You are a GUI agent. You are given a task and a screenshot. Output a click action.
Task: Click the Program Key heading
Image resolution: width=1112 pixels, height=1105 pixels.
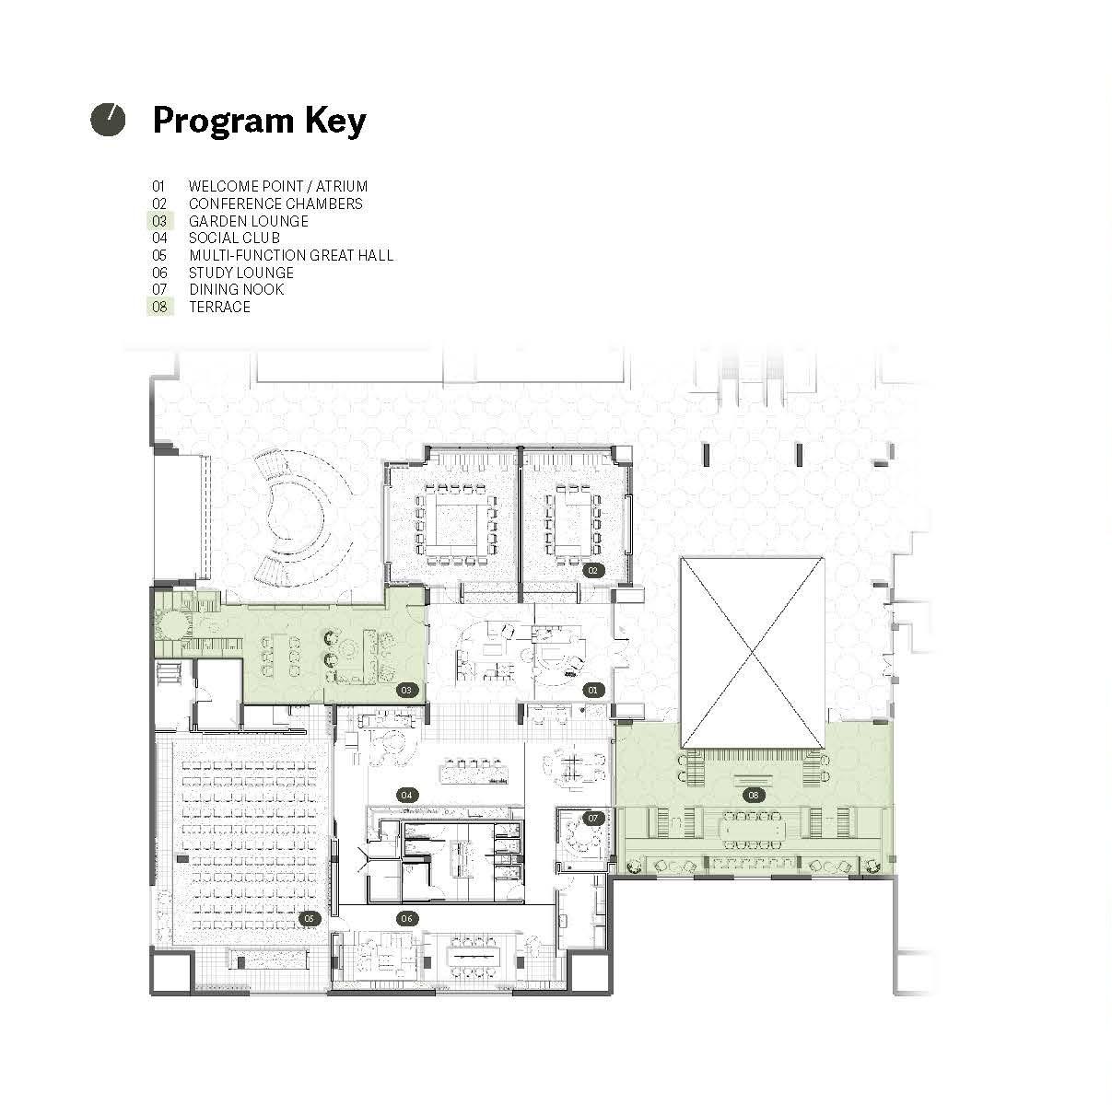coord(259,121)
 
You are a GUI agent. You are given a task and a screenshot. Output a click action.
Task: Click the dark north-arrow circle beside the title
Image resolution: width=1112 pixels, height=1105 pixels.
coord(108,120)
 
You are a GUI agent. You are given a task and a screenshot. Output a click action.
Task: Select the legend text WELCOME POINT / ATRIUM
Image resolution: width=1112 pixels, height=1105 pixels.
coord(278,186)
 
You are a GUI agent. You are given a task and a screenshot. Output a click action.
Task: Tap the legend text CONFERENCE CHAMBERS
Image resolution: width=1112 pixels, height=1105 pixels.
coord(275,204)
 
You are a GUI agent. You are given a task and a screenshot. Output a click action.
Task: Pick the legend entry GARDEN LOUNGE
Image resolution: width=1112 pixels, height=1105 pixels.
coord(249,221)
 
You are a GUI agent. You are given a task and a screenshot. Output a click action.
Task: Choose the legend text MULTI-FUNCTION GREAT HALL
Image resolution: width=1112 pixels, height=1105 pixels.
coord(291,255)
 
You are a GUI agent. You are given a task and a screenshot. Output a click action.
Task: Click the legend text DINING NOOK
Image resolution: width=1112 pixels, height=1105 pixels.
coord(237,289)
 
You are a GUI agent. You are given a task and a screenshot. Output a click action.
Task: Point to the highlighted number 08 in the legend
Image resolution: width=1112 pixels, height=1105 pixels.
coord(160,307)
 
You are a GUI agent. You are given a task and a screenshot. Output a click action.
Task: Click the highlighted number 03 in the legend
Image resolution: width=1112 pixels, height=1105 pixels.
coord(160,221)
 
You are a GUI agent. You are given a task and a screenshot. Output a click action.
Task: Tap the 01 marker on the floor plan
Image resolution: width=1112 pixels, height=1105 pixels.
coord(592,690)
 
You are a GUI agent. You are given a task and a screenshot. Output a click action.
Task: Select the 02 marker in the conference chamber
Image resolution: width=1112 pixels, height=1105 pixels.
coord(592,571)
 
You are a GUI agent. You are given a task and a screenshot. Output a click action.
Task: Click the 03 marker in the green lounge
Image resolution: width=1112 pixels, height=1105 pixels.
coord(406,690)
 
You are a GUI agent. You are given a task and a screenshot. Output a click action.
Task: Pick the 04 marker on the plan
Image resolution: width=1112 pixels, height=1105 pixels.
coord(406,795)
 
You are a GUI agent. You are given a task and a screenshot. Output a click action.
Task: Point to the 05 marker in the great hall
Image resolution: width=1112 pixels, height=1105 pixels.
coord(309,919)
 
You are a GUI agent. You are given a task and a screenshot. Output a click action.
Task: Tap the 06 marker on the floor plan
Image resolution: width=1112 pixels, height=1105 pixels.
coord(407,919)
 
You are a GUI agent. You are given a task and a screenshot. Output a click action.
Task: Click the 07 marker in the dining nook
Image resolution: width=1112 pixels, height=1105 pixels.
coord(592,818)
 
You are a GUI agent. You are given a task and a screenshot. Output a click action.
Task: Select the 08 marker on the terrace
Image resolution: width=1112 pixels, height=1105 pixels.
coord(753,795)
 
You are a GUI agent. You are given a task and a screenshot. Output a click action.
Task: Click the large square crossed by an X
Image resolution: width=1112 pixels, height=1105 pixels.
coord(753,653)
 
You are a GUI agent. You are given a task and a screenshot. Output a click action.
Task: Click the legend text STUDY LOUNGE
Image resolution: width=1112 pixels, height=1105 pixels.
coord(241,273)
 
